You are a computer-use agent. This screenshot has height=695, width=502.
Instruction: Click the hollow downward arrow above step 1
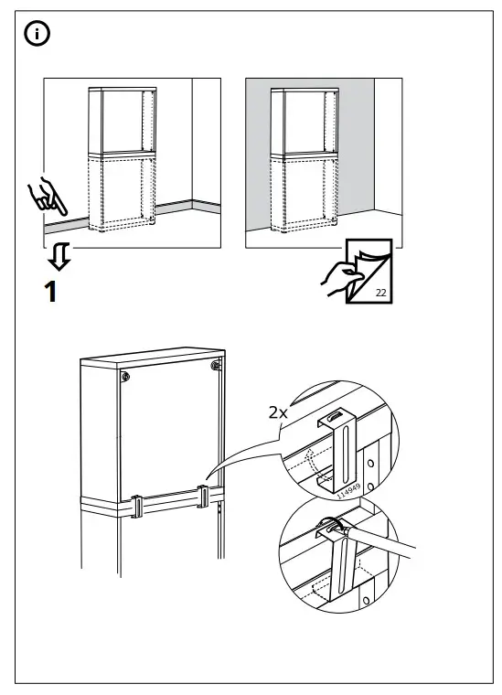pos(58,257)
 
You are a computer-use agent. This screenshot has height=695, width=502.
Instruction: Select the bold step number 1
pos(52,293)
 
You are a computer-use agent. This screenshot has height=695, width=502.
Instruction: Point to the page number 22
pos(379,292)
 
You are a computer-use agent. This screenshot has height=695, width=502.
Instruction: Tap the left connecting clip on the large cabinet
pos(134,507)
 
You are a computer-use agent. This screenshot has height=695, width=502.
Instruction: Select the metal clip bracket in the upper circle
pos(340,452)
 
